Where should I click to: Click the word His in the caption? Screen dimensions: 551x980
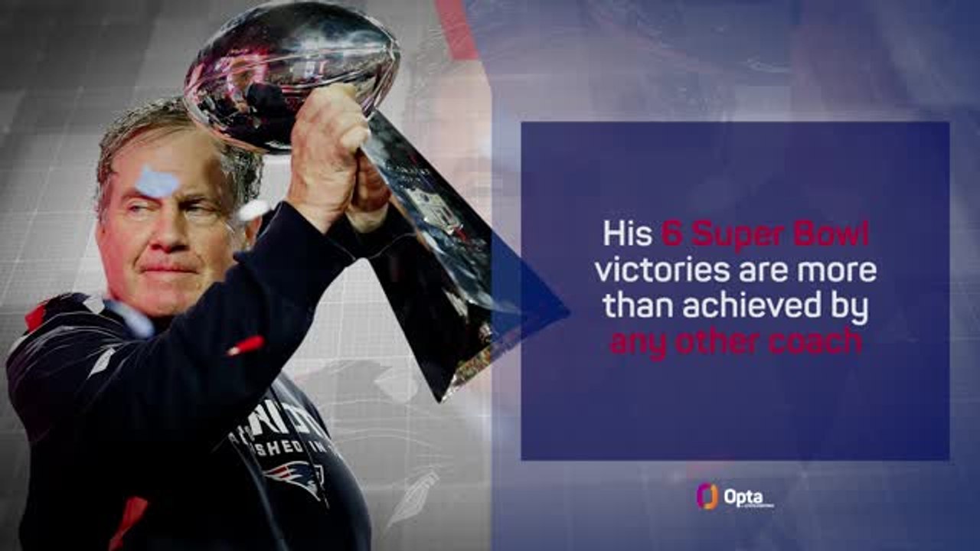coord(628,234)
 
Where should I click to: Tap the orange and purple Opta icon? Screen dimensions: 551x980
coord(707,497)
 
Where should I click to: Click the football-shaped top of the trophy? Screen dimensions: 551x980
coord(291,73)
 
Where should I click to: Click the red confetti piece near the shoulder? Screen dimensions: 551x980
coord(245,346)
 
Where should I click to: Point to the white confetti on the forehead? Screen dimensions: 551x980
coord(157,182)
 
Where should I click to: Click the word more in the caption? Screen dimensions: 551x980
coord(842,271)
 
